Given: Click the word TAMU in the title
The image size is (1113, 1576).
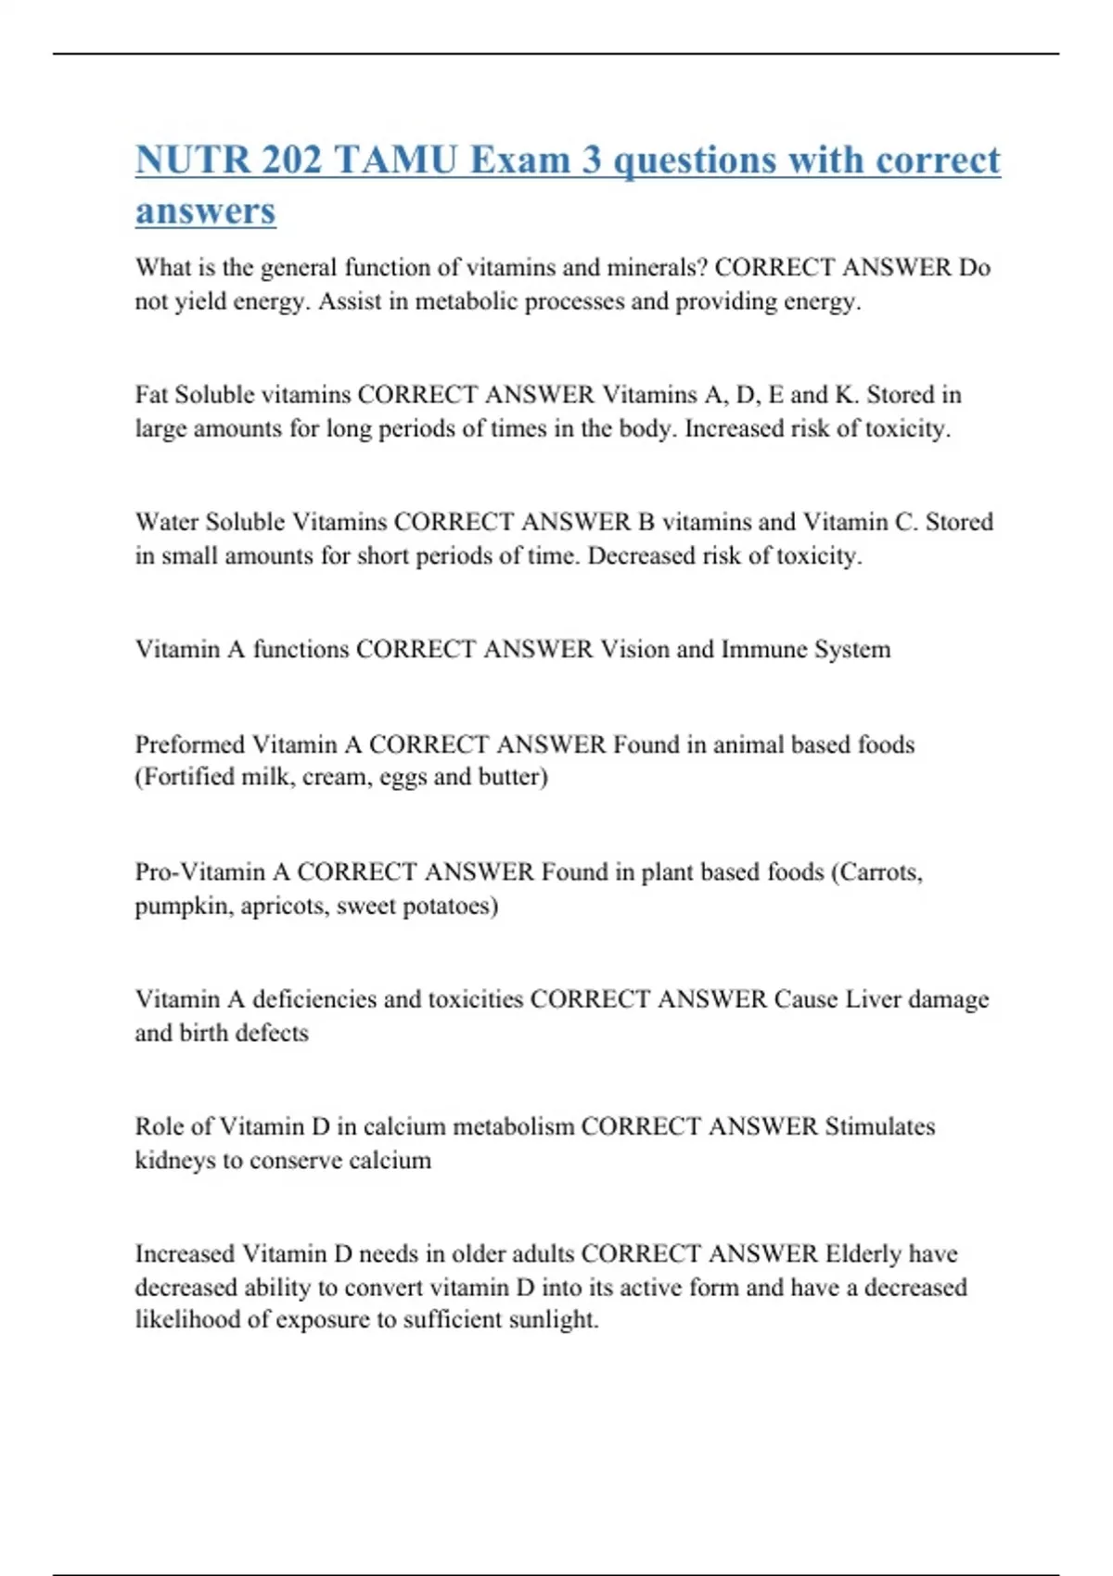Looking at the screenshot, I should click(394, 159).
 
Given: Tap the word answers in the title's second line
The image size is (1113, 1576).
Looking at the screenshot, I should click(205, 210).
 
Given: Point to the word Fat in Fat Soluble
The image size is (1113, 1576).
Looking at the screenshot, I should click(152, 395).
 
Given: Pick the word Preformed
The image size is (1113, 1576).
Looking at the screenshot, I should click(190, 744).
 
